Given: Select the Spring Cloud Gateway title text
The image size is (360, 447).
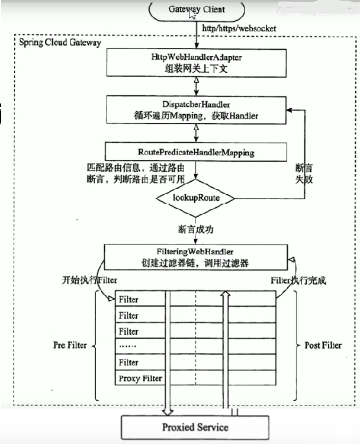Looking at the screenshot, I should pyautogui.click(x=60, y=43).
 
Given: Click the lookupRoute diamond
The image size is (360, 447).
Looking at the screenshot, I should pyautogui.click(x=195, y=197).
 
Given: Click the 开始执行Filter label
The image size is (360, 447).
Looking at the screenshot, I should pyautogui.click(x=89, y=279).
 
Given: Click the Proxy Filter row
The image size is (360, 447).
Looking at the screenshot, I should pyautogui.click(x=140, y=378).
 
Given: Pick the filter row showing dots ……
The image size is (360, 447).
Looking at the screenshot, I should pyautogui.click(x=140, y=347).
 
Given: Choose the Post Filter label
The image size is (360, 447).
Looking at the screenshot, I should pyautogui.click(x=323, y=345).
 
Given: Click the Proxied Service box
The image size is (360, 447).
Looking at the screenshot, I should pyautogui.click(x=195, y=427).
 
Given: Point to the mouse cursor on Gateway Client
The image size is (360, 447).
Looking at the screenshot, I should pyautogui.click(x=192, y=14).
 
